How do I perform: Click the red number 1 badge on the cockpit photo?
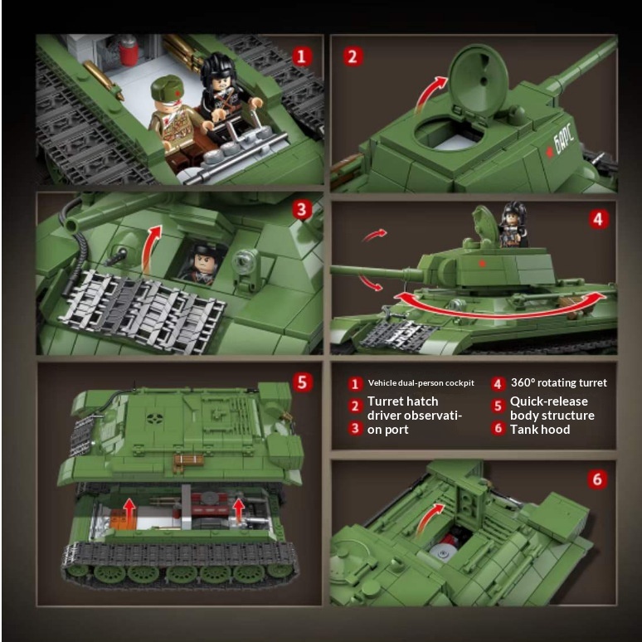[302, 56]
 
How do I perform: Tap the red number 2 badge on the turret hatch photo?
[353, 56]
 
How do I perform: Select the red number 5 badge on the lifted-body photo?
[302, 382]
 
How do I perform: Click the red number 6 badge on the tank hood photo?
[597, 479]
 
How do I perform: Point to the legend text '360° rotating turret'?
[558, 382]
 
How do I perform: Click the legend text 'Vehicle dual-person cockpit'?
[421, 383]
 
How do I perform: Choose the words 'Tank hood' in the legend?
[540, 429]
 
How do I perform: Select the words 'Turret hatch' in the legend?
[402, 401]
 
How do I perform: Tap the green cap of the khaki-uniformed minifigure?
[166, 88]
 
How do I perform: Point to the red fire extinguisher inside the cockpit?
[129, 51]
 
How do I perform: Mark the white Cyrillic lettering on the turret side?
[564, 139]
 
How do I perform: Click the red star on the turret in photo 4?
[482, 263]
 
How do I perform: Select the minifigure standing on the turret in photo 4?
[512, 225]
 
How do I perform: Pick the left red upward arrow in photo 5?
[129, 512]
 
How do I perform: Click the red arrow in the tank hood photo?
[428, 520]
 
